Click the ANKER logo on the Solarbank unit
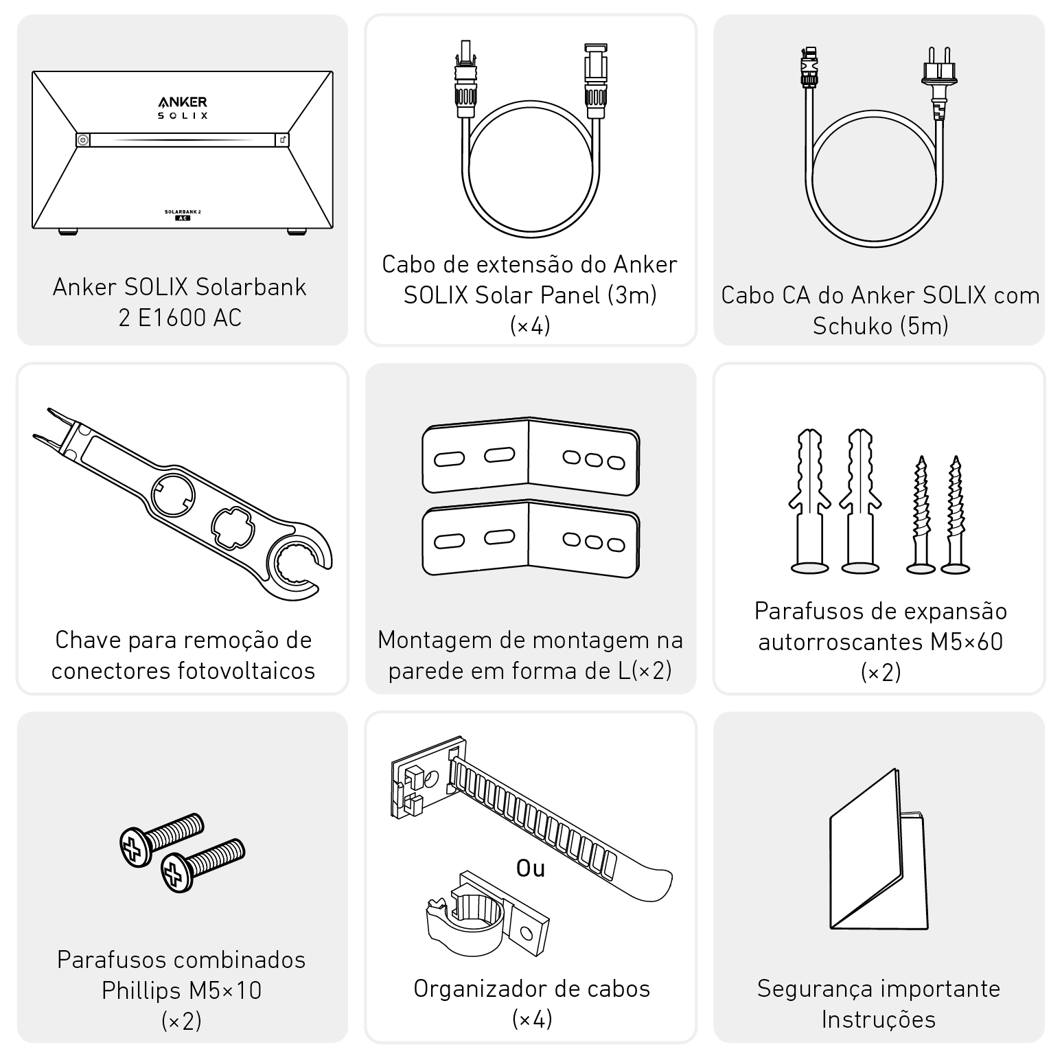click(x=183, y=102)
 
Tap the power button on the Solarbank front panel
click(x=82, y=140)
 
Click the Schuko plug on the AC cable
click(x=939, y=82)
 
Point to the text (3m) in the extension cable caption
click(x=632, y=295)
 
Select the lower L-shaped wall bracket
click(x=531, y=539)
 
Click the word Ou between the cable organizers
click(x=531, y=869)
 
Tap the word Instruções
click(x=879, y=1020)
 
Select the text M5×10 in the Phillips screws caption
click(x=226, y=991)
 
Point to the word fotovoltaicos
click(x=249, y=671)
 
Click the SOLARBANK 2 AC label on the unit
click(x=183, y=214)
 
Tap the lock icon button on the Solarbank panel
click(x=283, y=140)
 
